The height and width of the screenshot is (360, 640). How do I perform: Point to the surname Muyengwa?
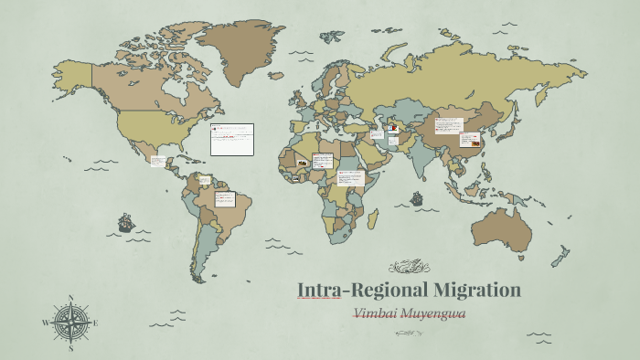point(439,313)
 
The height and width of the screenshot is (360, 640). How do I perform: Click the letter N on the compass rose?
point(70,298)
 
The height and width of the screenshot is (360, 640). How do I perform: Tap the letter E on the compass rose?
point(95,323)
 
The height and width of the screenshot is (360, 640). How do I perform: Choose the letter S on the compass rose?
point(70,347)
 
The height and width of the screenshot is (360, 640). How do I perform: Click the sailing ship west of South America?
point(125,222)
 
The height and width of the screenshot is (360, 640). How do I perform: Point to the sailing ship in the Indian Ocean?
point(417,197)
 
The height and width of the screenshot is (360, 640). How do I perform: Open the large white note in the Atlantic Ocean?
point(231,140)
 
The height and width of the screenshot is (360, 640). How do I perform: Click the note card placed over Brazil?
point(225,199)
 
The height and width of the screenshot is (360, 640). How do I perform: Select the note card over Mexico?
point(158,162)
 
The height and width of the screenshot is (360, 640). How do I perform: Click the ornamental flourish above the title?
point(409,267)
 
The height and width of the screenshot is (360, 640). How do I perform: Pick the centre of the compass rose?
point(70,323)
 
